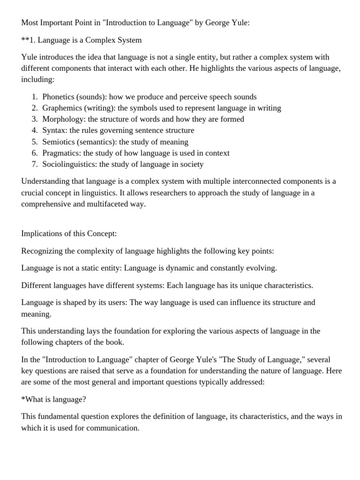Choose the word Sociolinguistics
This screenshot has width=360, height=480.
[x=69, y=164]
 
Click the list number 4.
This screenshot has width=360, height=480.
[x=35, y=130]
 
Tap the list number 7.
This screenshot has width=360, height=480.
[x=35, y=164]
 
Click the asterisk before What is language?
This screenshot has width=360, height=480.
[x=23, y=399]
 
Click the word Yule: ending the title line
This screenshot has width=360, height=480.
[x=240, y=23]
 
